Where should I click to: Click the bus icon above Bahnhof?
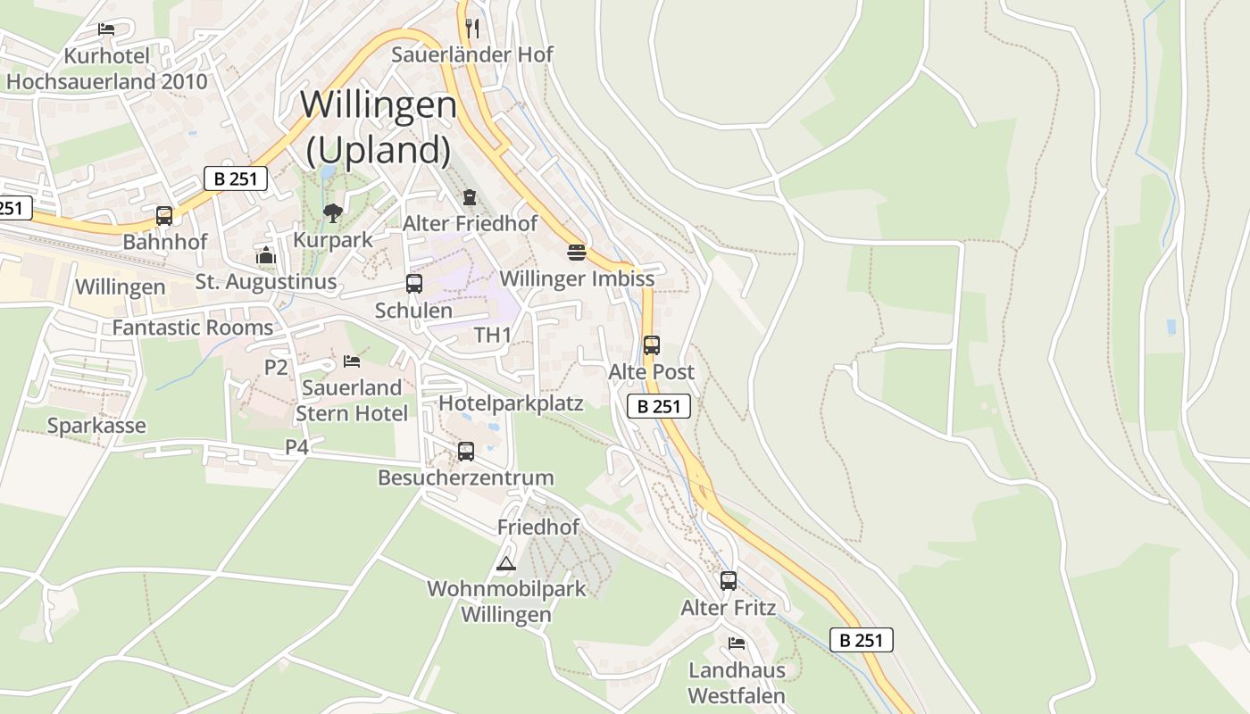(x=164, y=215)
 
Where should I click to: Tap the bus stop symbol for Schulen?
(x=414, y=284)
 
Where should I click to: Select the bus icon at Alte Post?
(x=652, y=345)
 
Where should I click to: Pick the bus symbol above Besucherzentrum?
(x=466, y=452)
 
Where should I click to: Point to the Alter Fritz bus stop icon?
(x=729, y=581)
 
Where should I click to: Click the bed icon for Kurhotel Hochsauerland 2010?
(x=106, y=29)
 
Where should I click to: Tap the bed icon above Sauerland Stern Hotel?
(x=352, y=361)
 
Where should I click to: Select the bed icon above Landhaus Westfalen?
(x=737, y=643)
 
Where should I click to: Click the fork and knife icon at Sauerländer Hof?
(x=473, y=29)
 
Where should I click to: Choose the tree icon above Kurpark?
(x=333, y=212)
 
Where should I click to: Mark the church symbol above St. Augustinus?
(x=266, y=256)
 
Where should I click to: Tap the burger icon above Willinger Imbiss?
(x=577, y=252)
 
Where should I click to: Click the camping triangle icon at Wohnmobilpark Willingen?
(x=506, y=563)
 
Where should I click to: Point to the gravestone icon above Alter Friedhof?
(x=470, y=196)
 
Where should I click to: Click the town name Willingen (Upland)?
(x=379, y=128)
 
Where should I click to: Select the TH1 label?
(x=493, y=336)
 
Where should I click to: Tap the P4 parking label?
(x=297, y=446)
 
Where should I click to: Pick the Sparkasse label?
(x=96, y=426)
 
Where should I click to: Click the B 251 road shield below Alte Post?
(x=659, y=407)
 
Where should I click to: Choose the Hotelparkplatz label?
(x=511, y=403)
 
